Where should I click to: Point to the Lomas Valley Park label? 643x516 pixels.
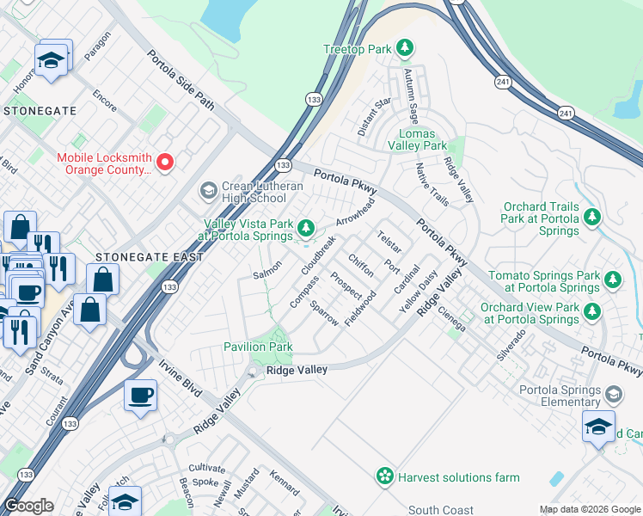pos(422,140)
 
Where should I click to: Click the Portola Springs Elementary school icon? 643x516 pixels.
pos(613,395)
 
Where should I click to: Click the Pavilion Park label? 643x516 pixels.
pos(258,347)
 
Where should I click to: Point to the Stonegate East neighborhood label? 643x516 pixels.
pos(150,257)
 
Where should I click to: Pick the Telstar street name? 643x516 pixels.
pos(389,241)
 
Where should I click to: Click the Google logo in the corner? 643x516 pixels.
pos(29,506)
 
